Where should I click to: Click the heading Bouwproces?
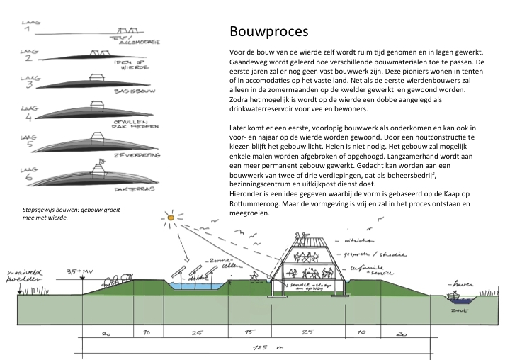pyautogui.click(x=268, y=33)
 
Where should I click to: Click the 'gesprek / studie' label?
pyautogui.click(x=361, y=252)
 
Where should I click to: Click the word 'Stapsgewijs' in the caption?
pyautogui.click(x=39, y=210)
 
